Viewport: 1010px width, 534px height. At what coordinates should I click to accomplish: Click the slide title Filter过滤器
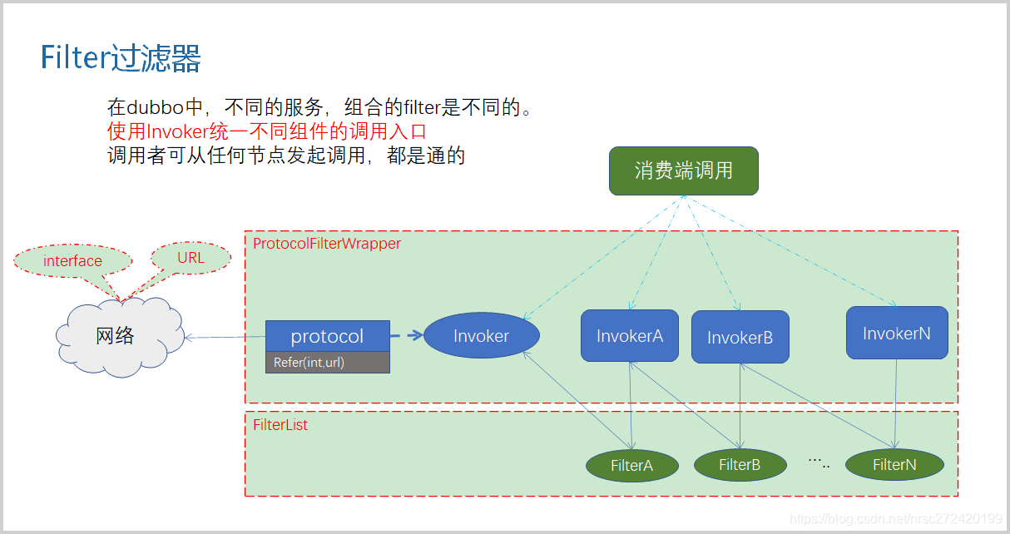pyautogui.click(x=121, y=59)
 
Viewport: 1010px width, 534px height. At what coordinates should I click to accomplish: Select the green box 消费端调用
pyautogui.click(x=683, y=171)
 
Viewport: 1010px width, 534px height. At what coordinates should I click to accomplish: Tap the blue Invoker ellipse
pyautogui.click(x=482, y=336)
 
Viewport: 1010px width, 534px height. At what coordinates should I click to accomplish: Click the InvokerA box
pyautogui.click(x=629, y=336)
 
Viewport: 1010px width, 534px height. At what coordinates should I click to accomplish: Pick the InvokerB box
pyautogui.click(x=740, y=337)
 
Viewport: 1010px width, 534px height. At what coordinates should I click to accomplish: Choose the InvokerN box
pyautogui.click(x=896, y=334)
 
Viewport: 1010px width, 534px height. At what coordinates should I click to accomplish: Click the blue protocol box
pyautogui.click(x=327, y=336)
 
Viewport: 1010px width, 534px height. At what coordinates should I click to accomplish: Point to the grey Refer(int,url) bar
pyautogui.click(x=327, y=363)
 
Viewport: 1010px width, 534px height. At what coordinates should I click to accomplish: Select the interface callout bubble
pyautogui.click(x=72, y=261)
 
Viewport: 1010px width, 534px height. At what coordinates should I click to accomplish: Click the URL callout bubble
pyautogui.click(x=191, y=258)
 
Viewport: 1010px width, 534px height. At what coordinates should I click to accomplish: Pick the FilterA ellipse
pyautogui.click(x=631, y=466)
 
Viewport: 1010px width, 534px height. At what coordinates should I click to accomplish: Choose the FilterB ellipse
pyautogui.click(x=740, y=465)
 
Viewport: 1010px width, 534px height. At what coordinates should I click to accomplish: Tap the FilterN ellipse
pyautogui.click(x=894, y=465)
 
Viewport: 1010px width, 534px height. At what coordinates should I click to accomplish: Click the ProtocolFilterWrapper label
pyautogui.click(x=327, y=244)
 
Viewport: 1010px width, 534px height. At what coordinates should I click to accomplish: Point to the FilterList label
pyautogui.click(x=280, y=425)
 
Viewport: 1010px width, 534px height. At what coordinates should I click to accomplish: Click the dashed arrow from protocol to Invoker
pyautogui.click(x=406, y=336)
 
